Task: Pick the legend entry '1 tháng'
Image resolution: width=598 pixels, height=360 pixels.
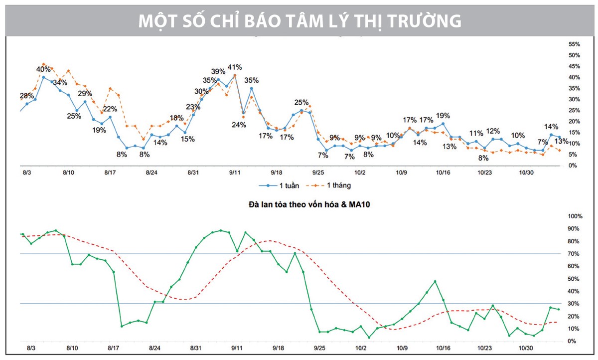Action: coord(339,185)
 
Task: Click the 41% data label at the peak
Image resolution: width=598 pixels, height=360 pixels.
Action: coord(235,67)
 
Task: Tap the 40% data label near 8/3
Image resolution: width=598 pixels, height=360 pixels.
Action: coord(43,69)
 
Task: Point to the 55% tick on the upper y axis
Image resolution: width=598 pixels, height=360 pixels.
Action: coord(574,44)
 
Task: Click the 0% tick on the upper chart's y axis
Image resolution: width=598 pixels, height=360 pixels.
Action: coord(573,166)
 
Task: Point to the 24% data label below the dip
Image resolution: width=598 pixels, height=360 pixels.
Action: coord(239,125)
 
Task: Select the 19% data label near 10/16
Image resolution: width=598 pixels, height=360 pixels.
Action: coord(443,116)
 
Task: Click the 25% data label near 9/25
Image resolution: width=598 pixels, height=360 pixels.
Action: coord(301,103)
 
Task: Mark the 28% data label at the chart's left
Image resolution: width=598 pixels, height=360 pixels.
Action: coord(27,96)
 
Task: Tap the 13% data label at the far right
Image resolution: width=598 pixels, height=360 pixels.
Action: coord(561,141)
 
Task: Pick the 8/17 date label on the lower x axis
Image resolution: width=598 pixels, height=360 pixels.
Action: coord(114,349)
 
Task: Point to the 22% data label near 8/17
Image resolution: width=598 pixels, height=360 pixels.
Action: coord(110,109)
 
